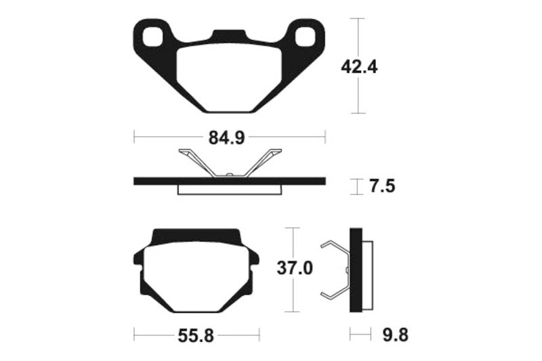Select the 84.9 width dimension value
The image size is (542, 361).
click(x=226, y=138)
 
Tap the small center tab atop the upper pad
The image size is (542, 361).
click(x=229, y=35)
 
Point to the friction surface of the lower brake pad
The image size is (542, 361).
click(x=196, y=278)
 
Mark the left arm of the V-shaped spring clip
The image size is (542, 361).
click(x=196, y=162)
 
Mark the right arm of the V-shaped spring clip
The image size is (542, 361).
click(x=261, y=163)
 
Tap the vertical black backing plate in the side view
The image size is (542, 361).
click(x=354, y=270)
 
